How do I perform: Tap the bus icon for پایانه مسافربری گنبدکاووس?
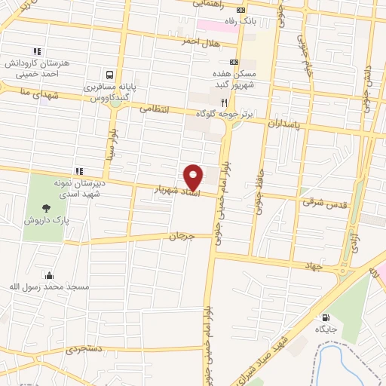click(x=110, y=75)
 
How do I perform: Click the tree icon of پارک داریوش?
click(x=47, y=208)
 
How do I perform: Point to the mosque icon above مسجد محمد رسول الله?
click(x=49, y=275)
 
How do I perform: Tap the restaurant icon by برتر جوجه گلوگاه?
click(x=224, y=103)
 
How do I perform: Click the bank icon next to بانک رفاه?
click(x=240, y=10)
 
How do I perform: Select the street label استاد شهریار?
click(x=176, y=191)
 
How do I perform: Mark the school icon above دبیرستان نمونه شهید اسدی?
click(x=79, y=171)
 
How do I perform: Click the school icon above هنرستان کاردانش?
click(x=36, y=51)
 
